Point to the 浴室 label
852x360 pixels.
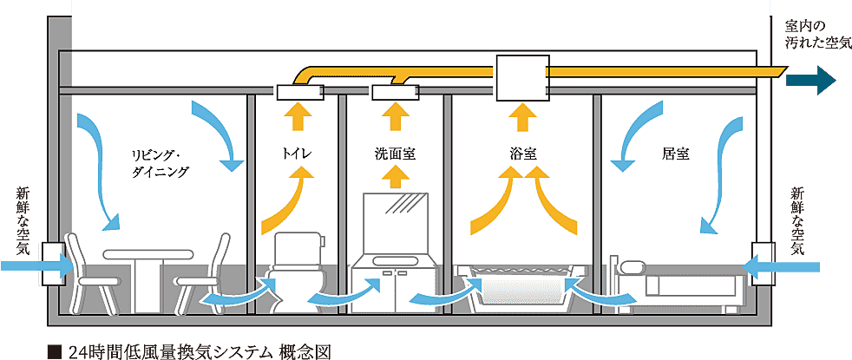point(522,155)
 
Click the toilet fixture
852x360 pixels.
point(296,269)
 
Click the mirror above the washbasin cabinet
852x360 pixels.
point(396,221)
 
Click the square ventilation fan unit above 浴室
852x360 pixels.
point(521,77)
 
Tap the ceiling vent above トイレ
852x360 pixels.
point(298,90)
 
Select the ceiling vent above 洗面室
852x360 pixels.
point(396,90)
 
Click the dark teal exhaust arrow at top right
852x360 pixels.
point(810,80)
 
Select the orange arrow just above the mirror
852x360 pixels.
point(396,177)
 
